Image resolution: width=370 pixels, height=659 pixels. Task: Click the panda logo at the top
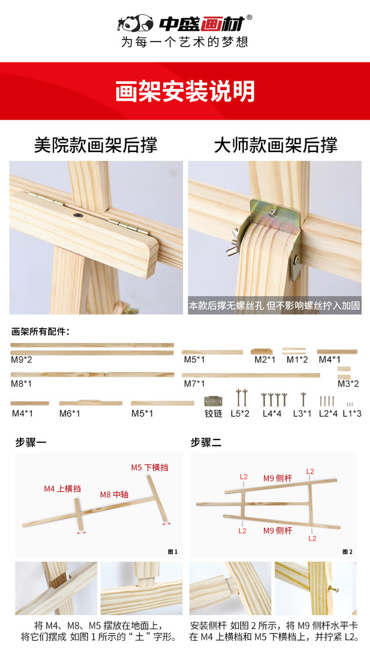[135, 23]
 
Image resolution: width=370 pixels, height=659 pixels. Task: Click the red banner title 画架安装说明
[185, 91]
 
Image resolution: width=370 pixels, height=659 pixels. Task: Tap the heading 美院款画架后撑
[96, 145]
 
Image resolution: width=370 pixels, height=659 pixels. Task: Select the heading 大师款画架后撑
[276, 145]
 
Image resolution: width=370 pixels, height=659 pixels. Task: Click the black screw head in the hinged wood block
[78, 215]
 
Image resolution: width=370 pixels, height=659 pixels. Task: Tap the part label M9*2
[21, 360]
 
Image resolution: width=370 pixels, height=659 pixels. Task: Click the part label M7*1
[194, 384]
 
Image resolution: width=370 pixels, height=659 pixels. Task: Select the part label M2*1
[265, 360]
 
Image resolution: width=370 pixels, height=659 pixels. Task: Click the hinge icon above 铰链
[213, 401]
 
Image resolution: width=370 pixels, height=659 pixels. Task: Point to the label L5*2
[240, 413]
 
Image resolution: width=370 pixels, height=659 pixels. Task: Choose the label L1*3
[352, 413]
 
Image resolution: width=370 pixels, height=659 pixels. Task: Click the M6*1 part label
[69, 413]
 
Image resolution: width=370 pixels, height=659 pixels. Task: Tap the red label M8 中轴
[114, 495]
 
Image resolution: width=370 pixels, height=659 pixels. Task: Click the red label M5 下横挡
[150, 467]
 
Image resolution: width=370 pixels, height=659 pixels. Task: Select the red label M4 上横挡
[62, 489]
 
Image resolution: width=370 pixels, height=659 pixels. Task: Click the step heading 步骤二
[206, 442]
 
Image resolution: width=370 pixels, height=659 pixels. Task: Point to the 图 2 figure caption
[347, 552]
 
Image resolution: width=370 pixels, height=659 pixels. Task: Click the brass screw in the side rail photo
[334, 589]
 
